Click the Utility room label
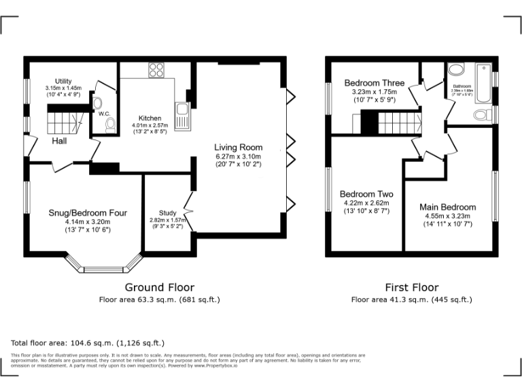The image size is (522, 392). tap(63, 81)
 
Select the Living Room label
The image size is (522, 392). tap(238, 147)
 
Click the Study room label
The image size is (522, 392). tap(167, 213)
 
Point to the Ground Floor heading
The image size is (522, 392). tap(160, 287)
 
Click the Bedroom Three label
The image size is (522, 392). tap(374, 83)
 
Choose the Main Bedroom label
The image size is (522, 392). tap(447, 207)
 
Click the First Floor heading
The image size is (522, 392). tap(411, 287)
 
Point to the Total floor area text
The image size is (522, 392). tap(88, 343)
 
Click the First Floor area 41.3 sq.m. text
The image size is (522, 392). tap(411, 299)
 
